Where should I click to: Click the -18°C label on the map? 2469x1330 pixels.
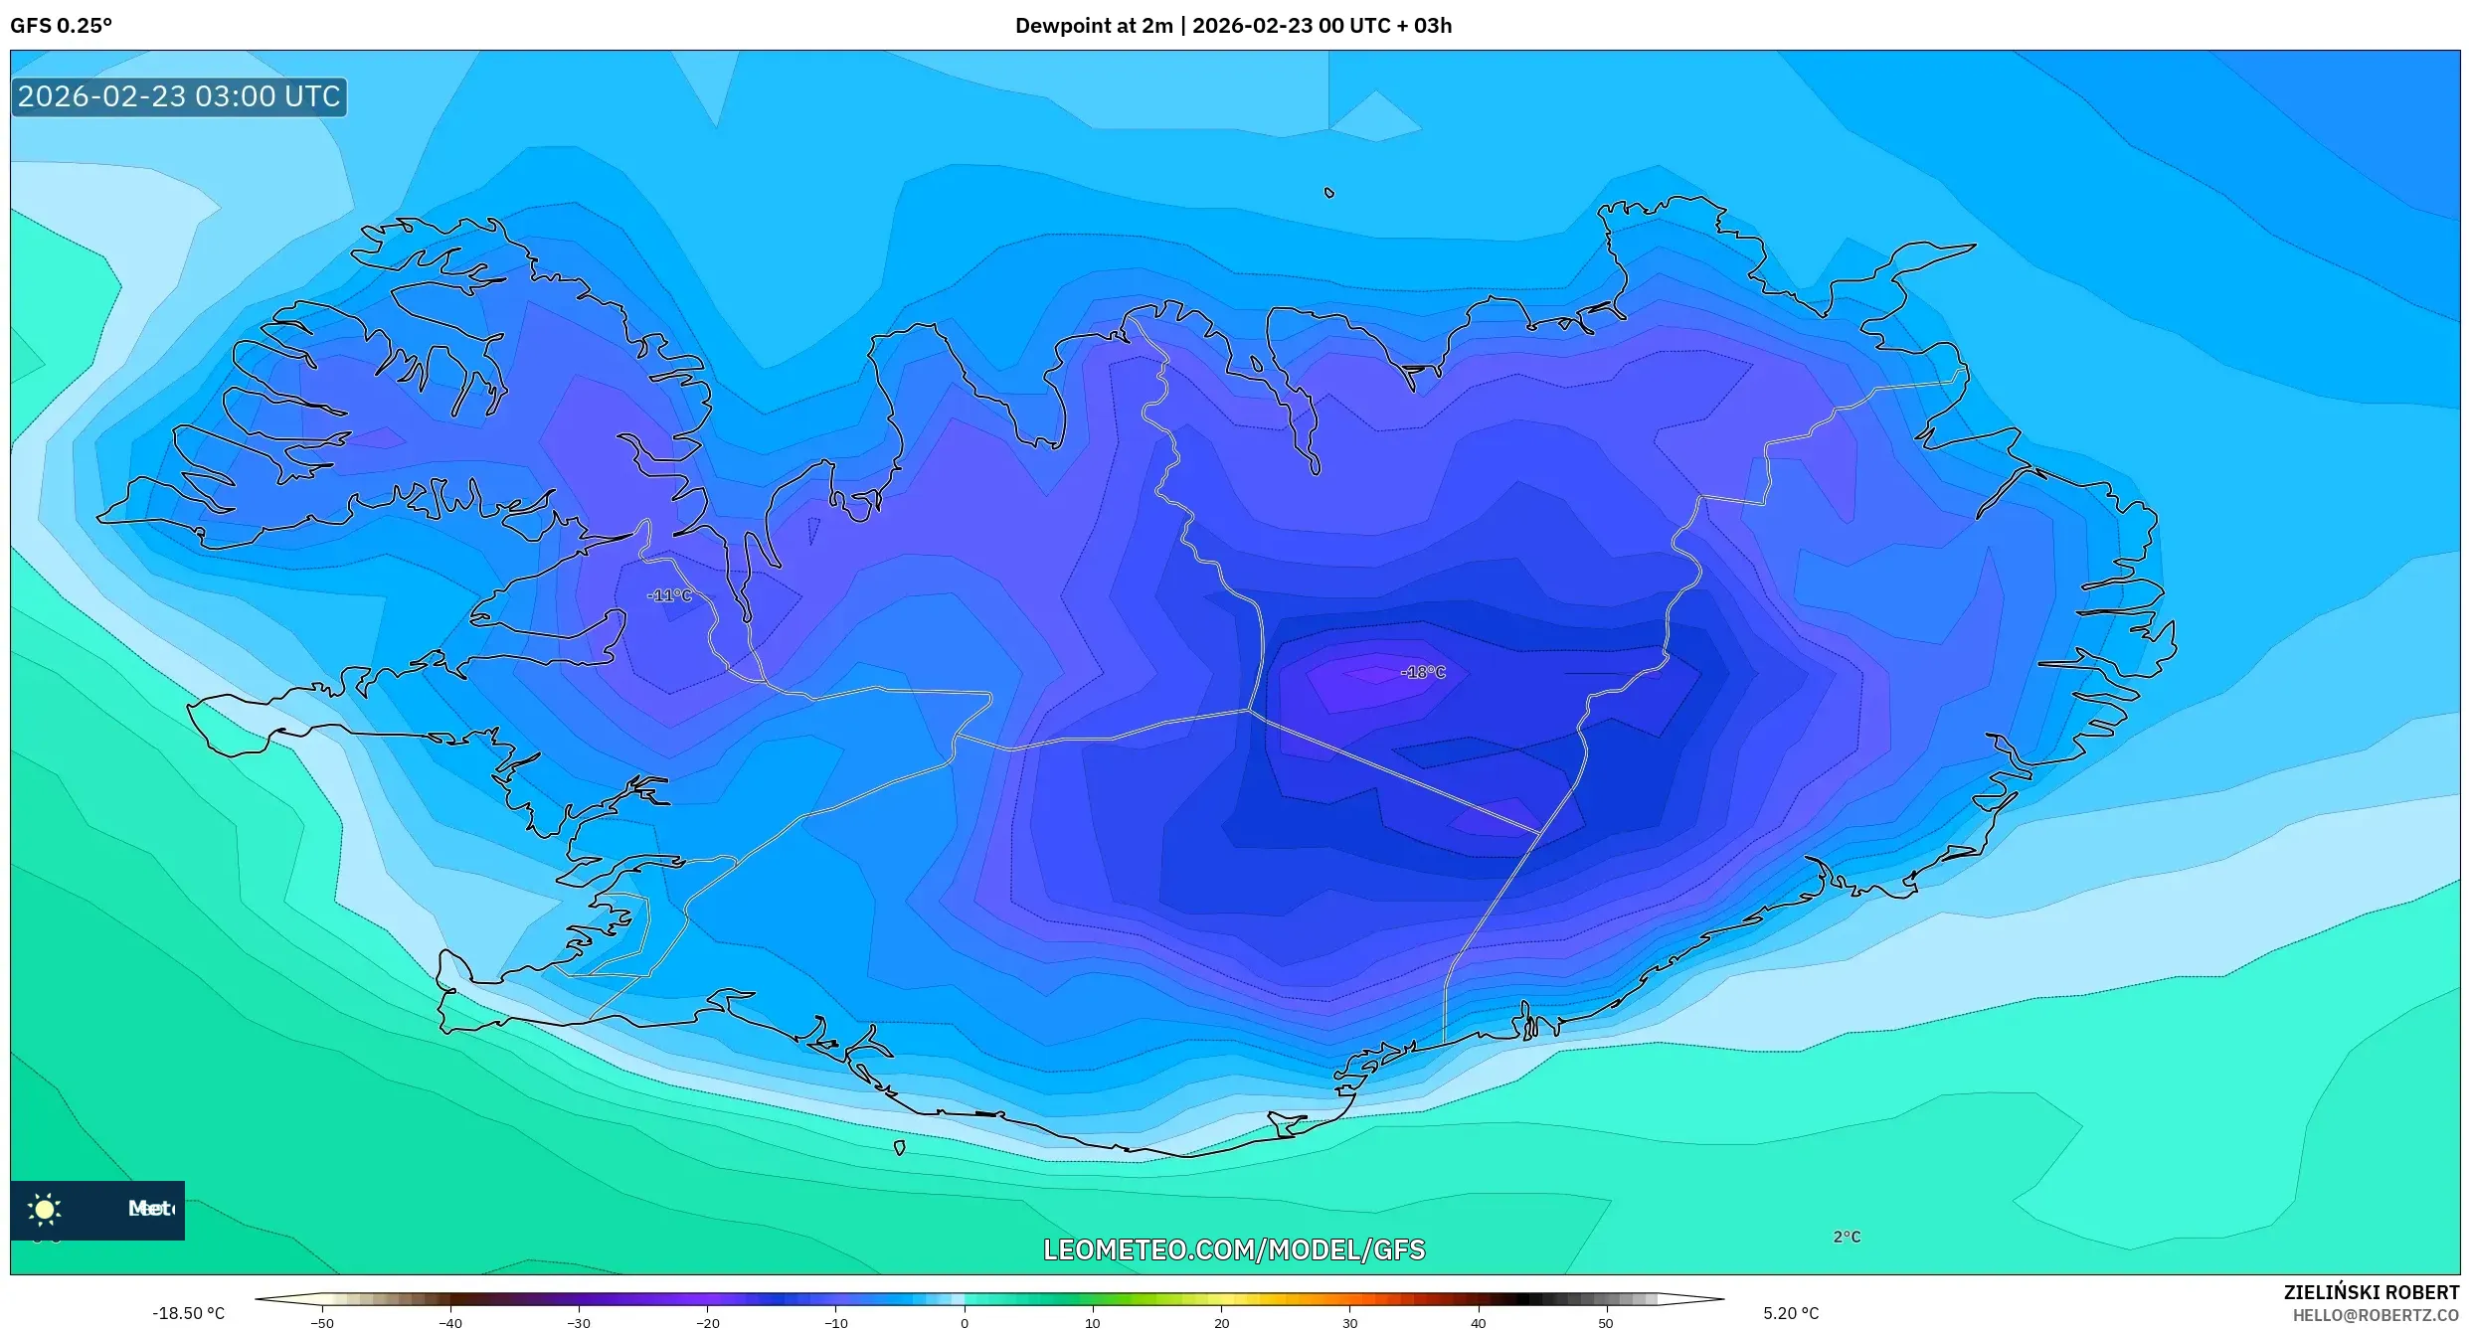(1422, 673)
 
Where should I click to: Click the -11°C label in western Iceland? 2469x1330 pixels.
(669, 595)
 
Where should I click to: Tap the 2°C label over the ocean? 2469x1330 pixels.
(1847, 1237)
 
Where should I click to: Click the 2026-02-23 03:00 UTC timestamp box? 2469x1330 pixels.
(179, 96)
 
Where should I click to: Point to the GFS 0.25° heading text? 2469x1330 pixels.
(61, 26)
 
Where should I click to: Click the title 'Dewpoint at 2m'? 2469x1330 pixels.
(1093, 26)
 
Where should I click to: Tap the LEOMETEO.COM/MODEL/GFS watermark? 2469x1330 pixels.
(1233, 1249)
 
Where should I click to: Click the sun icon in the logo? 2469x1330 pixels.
(45, 1209)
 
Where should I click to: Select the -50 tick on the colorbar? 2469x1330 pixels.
(321, 1322)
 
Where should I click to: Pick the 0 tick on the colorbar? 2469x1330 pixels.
(964, 1322)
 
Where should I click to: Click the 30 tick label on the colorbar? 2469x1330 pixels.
(1349, 1322)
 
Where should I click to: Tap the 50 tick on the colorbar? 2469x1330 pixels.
(1606, 1322)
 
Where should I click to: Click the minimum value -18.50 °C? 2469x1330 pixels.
(188, 1313)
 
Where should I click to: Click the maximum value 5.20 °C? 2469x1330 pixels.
(1791, 1313)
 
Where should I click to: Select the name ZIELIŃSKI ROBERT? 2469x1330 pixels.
(2371, 1292)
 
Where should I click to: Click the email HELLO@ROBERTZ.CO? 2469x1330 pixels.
(2375, 1315)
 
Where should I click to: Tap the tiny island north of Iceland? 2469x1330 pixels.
(1329, 193)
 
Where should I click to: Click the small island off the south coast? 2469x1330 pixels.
(900, 1147)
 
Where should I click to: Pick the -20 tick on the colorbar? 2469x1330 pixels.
(707, 1322)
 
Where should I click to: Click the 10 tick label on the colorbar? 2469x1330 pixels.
(1092, 1322)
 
